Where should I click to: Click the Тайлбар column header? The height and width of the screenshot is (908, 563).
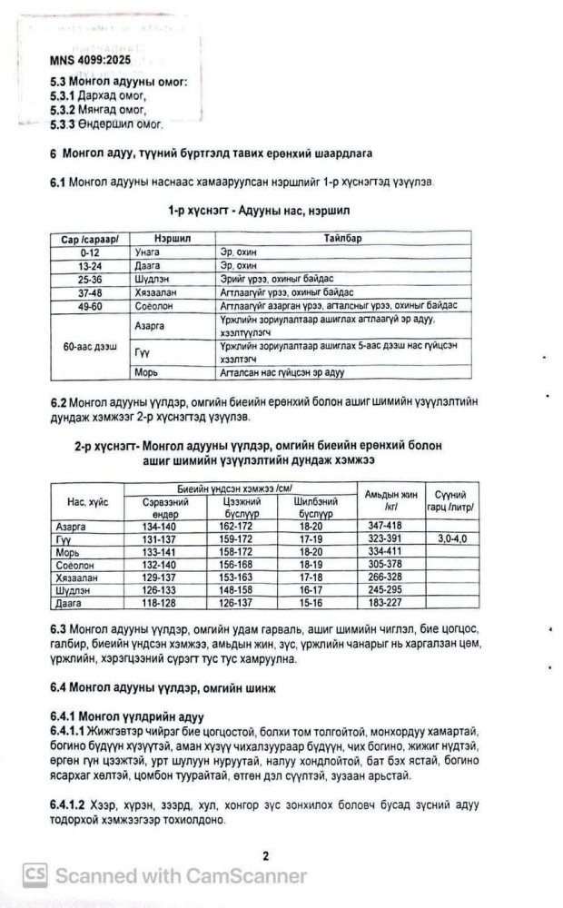pos(339,237)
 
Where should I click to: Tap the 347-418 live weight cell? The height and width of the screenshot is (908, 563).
pos(390,526)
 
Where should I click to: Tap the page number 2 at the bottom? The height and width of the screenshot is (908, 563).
pos(265,854)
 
